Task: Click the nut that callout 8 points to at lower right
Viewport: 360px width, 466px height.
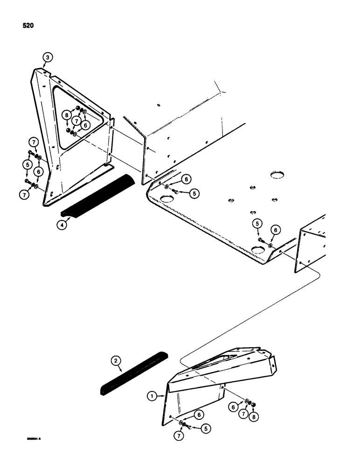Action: [253, 404]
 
